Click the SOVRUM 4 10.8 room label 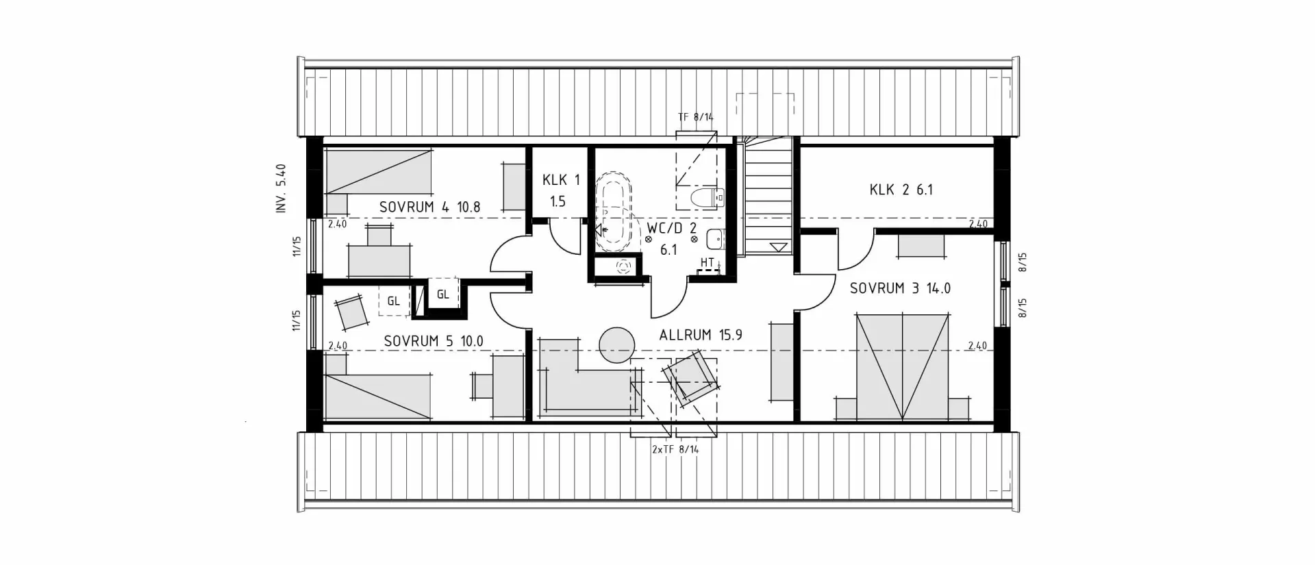[x=429, y=207]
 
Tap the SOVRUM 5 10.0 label [x=434, y=341]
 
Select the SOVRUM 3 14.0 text [x=900, y=288]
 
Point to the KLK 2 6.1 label [x=901, y=190]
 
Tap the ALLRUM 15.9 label [x=701, y=336]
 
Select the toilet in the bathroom [x=705, y=198]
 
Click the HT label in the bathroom [x=707, y=262]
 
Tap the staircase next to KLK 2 [x=768, y=199]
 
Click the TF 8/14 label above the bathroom [x=695, y=117]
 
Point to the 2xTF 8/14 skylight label [x=675, y=449]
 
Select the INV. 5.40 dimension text [x=281, y=189]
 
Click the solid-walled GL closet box [x=442, y=295]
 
